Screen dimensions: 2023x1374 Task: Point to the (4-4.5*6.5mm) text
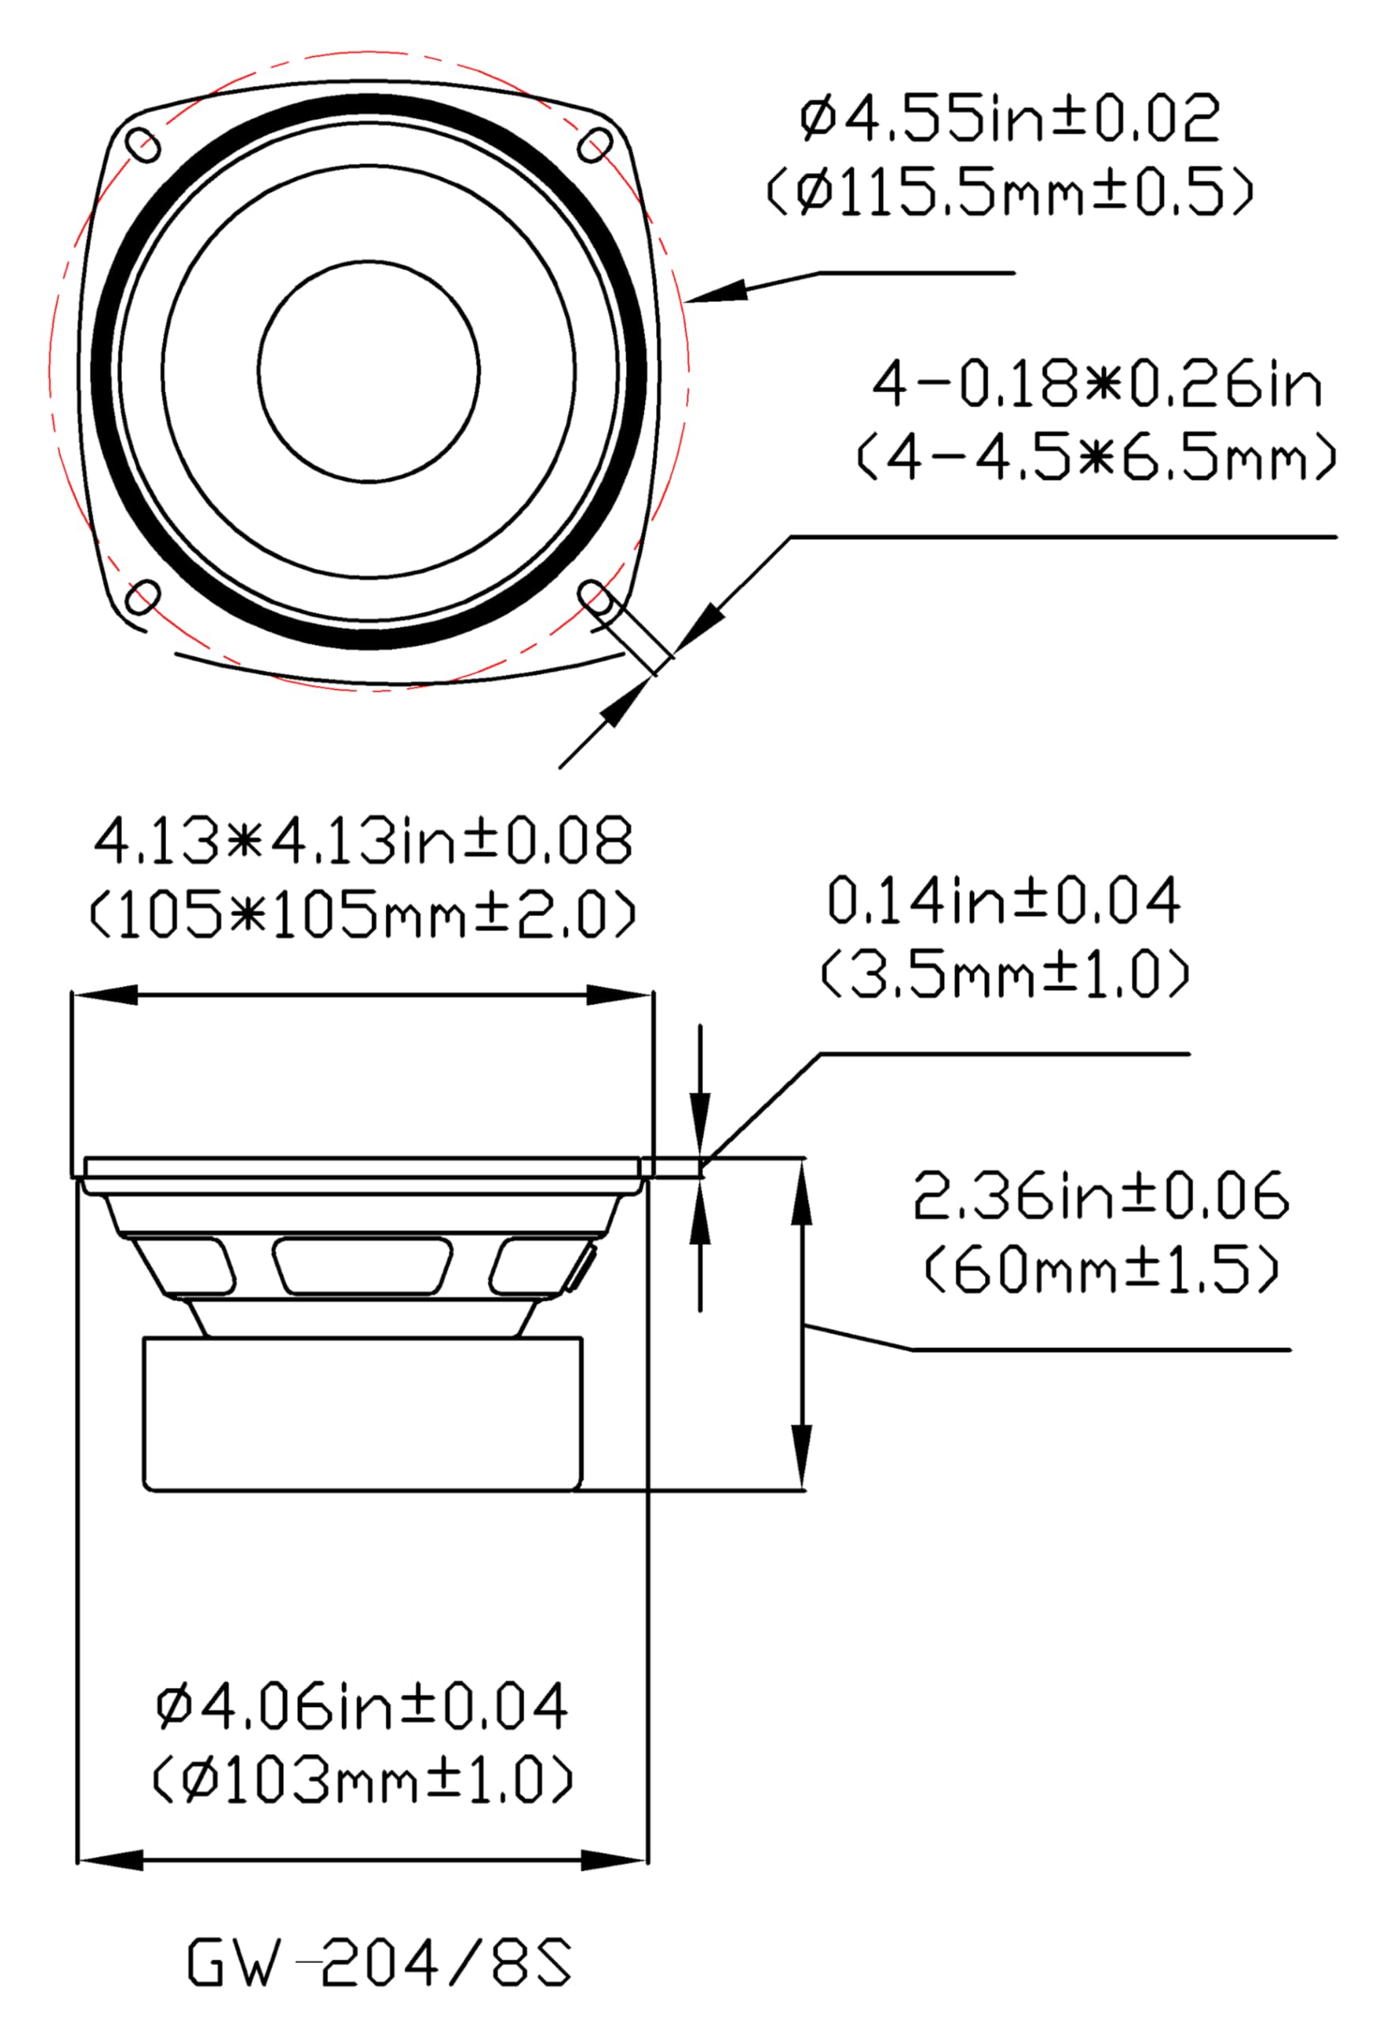click(1096, 459)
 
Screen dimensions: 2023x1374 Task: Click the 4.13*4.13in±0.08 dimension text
click(361, 842)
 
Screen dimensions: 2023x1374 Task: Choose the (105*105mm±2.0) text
click(361, 915)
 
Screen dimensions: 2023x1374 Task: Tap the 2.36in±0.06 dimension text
click(1099, 1197)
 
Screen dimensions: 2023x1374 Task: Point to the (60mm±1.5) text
click(1099, 1271)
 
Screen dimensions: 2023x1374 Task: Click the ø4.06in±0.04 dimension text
click(361, 1707)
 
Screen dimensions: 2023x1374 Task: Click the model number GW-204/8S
click(379, 1962)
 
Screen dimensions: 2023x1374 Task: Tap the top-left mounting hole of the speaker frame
click(144, 144)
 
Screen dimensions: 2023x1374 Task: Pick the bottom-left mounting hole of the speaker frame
click(144, 597)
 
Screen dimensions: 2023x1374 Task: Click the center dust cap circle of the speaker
click(368, 371)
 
